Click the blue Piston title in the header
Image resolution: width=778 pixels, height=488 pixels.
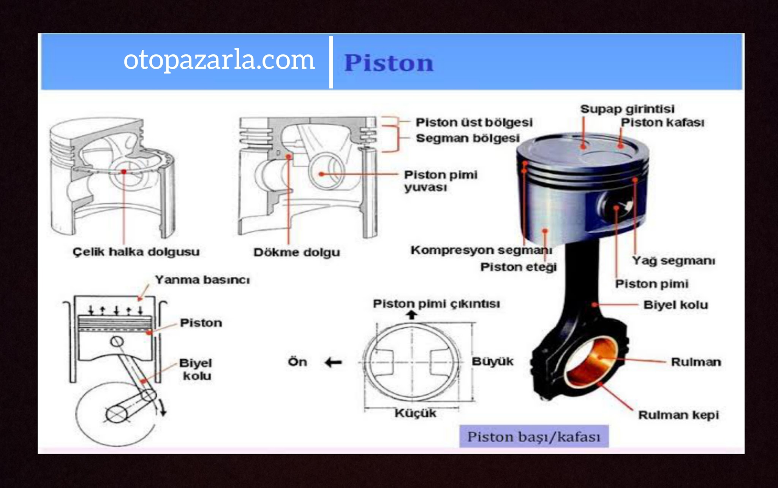(x=389, y=63)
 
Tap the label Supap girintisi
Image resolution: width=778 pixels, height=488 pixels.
(x=627, y=109)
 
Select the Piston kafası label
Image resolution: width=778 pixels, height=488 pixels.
(x=663, y=122)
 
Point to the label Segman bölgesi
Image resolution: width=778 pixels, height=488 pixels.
(x=468, y=138)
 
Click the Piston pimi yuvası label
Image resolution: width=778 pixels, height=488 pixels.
(x=441, y=181)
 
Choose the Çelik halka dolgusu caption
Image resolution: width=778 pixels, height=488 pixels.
(x=136, y=252)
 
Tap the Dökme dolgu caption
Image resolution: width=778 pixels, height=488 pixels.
(x=297, y=252)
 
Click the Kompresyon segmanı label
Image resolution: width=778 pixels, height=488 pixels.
(x=481, y=250)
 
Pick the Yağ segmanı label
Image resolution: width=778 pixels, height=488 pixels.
(x=674, y=261)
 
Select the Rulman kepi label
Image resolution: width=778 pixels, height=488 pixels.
(x=678, y=415)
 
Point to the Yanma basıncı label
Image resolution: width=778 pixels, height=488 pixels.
(x=202, y=280)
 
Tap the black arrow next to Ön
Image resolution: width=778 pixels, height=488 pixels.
(x=334, y=363)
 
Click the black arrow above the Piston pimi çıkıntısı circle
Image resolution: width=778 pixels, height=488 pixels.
(x=412, y=315)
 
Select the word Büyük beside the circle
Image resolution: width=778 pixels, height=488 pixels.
(x=492, y=361)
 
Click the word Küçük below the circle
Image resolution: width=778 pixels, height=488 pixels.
(x=415, y=413)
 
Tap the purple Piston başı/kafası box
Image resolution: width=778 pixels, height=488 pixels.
(x=534, y=436)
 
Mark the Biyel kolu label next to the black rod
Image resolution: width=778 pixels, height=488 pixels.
(x=675, y=305)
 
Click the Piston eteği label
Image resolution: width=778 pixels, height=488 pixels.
(x=519, y=267)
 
